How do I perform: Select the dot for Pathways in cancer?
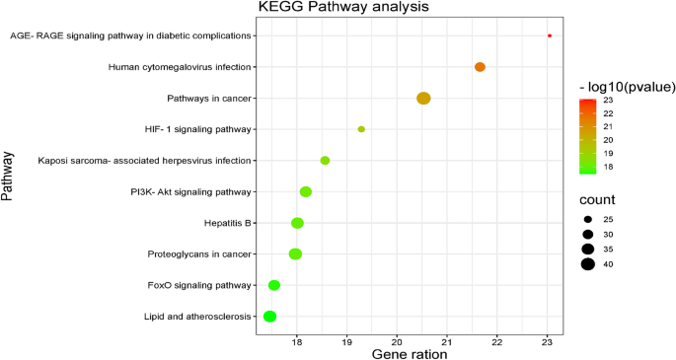pyautogui.click(x=423, y=98)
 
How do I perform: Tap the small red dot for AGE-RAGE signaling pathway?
pyautogui.click(x=550, y=36)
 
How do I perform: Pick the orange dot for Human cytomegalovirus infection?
pyautogui.click(x=480, y=67)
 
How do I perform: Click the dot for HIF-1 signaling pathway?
pyautogui.click(x=361, y=129)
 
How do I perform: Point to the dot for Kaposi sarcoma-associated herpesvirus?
pyautogui.click(x=325, y=161)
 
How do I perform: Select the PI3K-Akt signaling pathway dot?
pyautogui.click(x=306, y=191)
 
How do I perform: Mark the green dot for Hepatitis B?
pyautogui.click(x=297, y=223)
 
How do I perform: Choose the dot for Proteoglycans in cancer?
pyautogui.click(x=295, y=254)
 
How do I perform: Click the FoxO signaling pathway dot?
pyautogui.click(x=274, y=285)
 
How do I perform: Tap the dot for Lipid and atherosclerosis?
pyautogui.click(x=269, y=317)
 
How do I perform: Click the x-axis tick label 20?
pyautogui.click(x=397, y=340)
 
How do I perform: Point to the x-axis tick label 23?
pyautogui.click(x=547, y=340)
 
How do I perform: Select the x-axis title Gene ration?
pyautogui.click(x=411, y=353)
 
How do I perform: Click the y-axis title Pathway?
pyautogui.click(x=9, y=177)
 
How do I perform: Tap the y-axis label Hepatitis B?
pyautogui.click(x=228, y=223)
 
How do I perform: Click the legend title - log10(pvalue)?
pyautogui.click(x=627, y=88)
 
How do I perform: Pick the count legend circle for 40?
pyautogui.click(x=588, y=263)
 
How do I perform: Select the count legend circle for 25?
pyautogui.click(x=588, y=219)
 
